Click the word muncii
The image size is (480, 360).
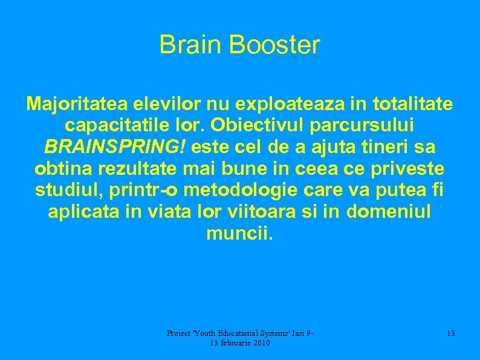(240, 233)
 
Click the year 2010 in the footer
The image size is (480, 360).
(259, 343)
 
